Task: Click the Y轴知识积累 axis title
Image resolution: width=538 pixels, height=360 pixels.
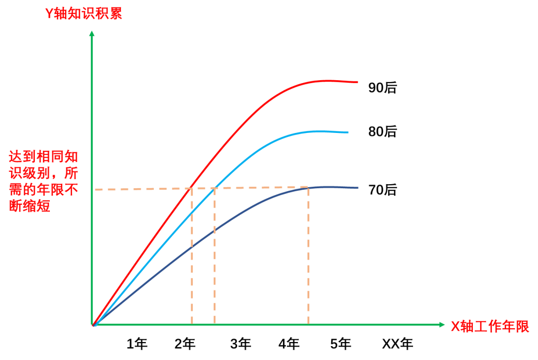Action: coord(84,14)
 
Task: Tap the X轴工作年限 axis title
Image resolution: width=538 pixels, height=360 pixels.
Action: coord(490,327)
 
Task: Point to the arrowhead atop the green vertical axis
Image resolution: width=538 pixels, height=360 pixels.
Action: coord(92,33)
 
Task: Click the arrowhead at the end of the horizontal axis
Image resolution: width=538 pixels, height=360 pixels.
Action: coord(442,325)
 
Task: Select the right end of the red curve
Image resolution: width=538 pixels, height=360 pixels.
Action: coord(357,82)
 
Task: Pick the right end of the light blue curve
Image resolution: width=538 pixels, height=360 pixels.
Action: coord(348,132)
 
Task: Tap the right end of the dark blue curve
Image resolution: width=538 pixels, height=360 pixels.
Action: coord(358,188)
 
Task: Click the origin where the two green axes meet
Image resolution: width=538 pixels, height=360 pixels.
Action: coord(93,325)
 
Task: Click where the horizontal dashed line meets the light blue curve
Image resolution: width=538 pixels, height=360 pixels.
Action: coord(215,188)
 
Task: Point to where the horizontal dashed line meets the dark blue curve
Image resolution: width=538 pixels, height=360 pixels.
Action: coord(308,187)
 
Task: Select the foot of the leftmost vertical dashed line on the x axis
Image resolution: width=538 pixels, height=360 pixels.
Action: coord(192,324)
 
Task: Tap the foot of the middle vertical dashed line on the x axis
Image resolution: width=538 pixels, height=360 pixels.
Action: coord(215,324)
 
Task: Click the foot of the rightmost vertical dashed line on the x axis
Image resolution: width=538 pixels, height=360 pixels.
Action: coord(308,324)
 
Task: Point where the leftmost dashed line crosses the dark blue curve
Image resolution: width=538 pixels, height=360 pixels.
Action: coord(192,246)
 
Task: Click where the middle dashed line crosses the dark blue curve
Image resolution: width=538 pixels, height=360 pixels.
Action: coord(215,231)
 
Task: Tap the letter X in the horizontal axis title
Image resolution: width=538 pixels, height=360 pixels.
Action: coord(455,327)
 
